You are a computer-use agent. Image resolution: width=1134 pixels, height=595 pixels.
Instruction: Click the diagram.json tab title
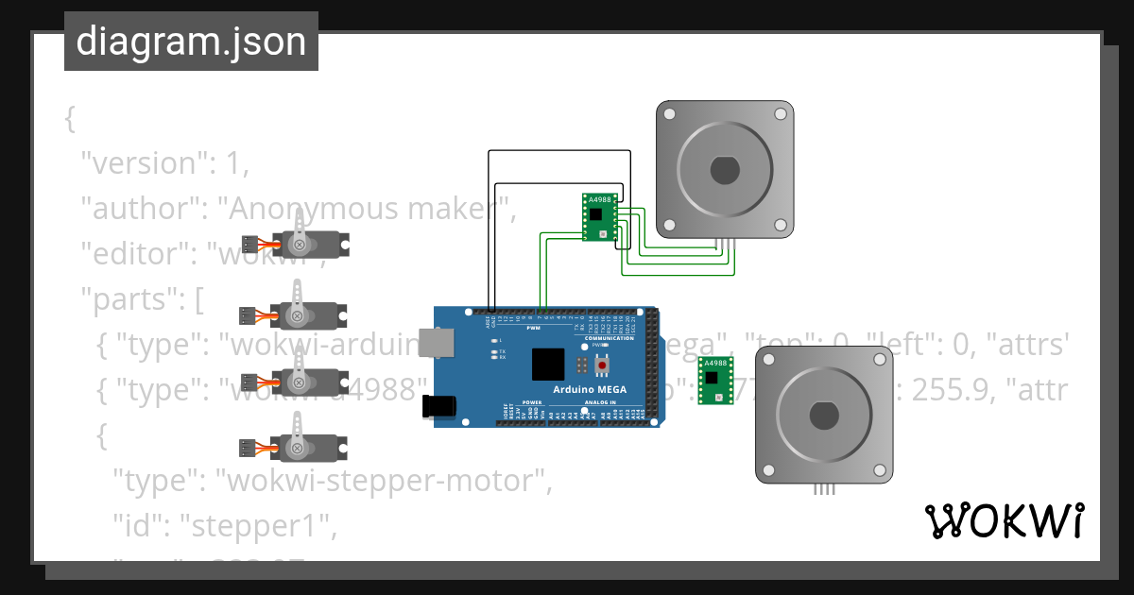click(x=191, y=42)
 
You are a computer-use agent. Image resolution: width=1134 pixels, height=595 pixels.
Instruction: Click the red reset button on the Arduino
click(x=600, y=365)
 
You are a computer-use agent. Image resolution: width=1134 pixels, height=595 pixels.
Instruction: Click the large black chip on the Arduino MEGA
click(x=548, y=365)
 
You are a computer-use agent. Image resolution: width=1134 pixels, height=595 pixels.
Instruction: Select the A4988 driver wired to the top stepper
click(x=598, y=218)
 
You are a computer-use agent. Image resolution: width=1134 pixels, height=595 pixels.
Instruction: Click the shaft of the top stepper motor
click(x=724, y=170)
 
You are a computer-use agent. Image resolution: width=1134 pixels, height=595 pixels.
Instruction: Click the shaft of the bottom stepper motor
click(x=823, y=416)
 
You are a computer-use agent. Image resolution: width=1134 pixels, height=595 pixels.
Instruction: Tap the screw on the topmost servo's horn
click(x=300, y=246)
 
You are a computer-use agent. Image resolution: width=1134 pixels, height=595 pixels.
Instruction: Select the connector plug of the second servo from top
click(x=249, y=314)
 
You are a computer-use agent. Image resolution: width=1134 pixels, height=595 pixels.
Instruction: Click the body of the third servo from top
click(x=321, y=382)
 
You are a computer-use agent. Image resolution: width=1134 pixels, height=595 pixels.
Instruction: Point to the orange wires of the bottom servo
click(x=266, y=448)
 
